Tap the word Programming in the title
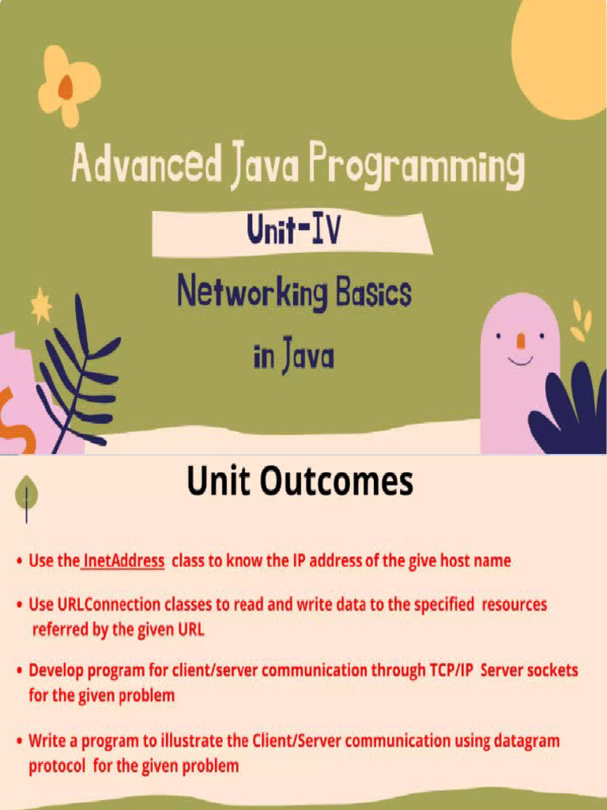(x=416, y=168)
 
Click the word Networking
(x=252, y=293)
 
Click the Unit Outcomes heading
(x=300, y=481)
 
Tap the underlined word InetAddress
(x=123, y=561)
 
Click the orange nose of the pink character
(x=520, y=341)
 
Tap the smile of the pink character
(x=520, y=361)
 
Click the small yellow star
(x=40, y=305)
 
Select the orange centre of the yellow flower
(x=66, y=86)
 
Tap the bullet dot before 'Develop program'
(x=19, y=671)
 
